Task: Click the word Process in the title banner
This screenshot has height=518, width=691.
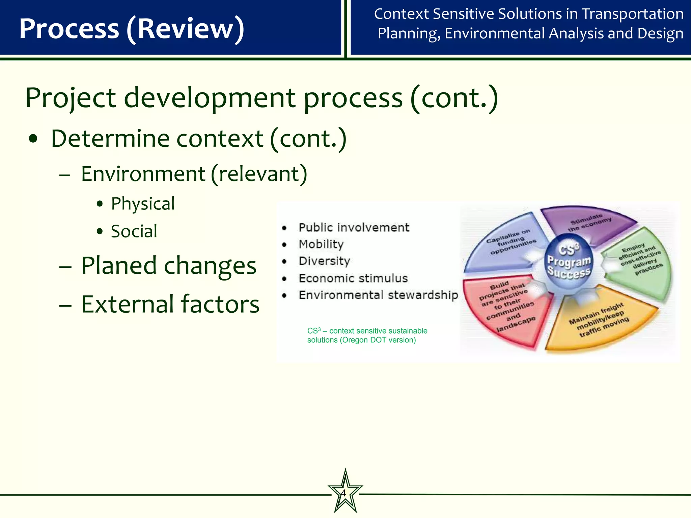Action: (x=69, y=29)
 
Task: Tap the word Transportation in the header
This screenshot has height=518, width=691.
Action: (x=633, y=14)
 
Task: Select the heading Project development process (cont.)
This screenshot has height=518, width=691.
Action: (x=261, y=98)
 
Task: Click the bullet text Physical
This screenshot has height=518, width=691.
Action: (x=143, y=204)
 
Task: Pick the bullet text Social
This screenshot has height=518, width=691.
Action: (x=134, y=231)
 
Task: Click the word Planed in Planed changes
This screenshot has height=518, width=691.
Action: (x=119, y=266)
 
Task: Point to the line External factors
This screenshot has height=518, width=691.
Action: (x=170, y=304)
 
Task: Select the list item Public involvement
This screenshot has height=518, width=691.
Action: (x=354, y=228)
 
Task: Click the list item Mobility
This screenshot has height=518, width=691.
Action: (x=321, y=244)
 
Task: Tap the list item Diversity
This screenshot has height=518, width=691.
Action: (x=324, y=261)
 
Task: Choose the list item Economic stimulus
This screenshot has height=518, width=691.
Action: (x=353, y=278)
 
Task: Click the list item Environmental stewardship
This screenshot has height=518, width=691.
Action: (x=378, y=295)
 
